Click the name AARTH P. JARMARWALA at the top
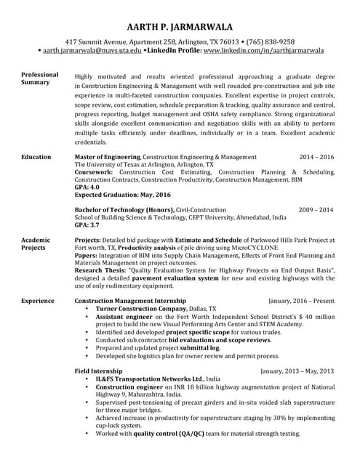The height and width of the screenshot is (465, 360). pos(180,26)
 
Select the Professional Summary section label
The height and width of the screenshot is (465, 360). pos(40,78)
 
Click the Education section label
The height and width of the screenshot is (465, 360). pos(36,157)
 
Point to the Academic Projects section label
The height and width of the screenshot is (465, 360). pos(36,243)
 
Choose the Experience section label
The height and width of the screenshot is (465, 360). pos(38,300)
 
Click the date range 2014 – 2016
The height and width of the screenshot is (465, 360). pos(316,157)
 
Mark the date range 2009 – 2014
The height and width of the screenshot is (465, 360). pos(316,209)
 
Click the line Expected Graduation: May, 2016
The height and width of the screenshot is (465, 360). pos(123,195)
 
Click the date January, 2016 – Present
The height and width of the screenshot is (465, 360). pos(301,300)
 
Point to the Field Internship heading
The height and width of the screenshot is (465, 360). pos(98,371)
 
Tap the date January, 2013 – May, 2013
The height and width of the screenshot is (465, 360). pos(297,371)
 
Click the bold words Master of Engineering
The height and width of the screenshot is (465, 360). pos(108,157)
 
